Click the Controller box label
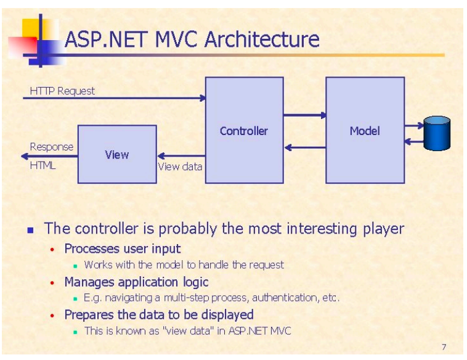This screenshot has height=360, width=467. (244, 131)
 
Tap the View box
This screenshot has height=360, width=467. (116, 154)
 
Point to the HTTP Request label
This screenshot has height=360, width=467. (62, 91)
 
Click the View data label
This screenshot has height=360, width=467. (180, 166)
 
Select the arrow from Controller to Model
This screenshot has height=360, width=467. (304, 115)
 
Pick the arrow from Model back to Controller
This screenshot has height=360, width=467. (304, 147)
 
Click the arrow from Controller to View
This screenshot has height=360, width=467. (181, 156)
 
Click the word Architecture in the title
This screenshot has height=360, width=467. (262, 39)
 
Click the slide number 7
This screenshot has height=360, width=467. (444, 346)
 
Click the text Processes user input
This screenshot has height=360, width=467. (123, 249)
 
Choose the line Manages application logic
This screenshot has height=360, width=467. (136, 282)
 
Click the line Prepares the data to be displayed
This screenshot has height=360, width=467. (159, 315)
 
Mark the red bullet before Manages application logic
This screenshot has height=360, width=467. (52, 283)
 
